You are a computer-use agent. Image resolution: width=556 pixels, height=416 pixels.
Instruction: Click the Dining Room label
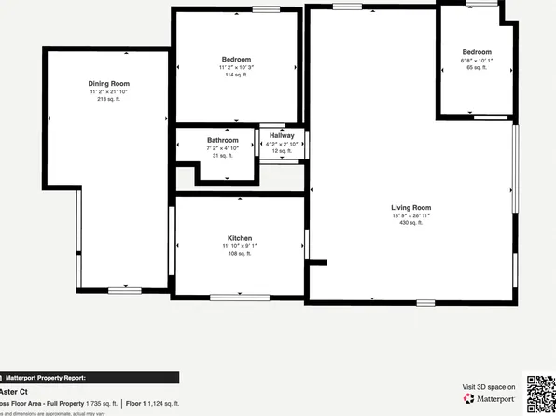109,83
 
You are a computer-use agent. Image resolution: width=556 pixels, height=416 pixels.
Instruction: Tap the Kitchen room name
240,239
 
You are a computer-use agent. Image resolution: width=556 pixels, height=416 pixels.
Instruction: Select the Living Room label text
410,207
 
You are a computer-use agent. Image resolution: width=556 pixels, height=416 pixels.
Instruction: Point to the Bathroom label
223,140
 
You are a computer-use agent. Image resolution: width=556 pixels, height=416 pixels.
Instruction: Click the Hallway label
282,135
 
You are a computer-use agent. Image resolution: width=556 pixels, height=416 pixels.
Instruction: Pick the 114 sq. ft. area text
236,75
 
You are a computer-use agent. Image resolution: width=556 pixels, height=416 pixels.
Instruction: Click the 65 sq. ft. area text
476,68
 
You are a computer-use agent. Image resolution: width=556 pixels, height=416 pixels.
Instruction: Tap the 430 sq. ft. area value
410,223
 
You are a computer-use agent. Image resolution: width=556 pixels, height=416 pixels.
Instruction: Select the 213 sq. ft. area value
109,98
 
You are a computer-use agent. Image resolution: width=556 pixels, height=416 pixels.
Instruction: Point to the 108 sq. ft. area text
240,254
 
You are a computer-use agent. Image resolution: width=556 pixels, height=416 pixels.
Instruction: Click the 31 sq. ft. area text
223,155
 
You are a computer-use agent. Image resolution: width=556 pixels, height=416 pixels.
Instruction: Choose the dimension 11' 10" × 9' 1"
240,246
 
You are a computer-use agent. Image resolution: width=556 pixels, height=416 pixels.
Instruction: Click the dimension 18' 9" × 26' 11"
410,215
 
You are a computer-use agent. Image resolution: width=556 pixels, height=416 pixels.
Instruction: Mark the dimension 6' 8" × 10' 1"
476,61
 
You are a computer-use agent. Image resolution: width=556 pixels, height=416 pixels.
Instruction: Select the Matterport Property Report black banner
89,378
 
